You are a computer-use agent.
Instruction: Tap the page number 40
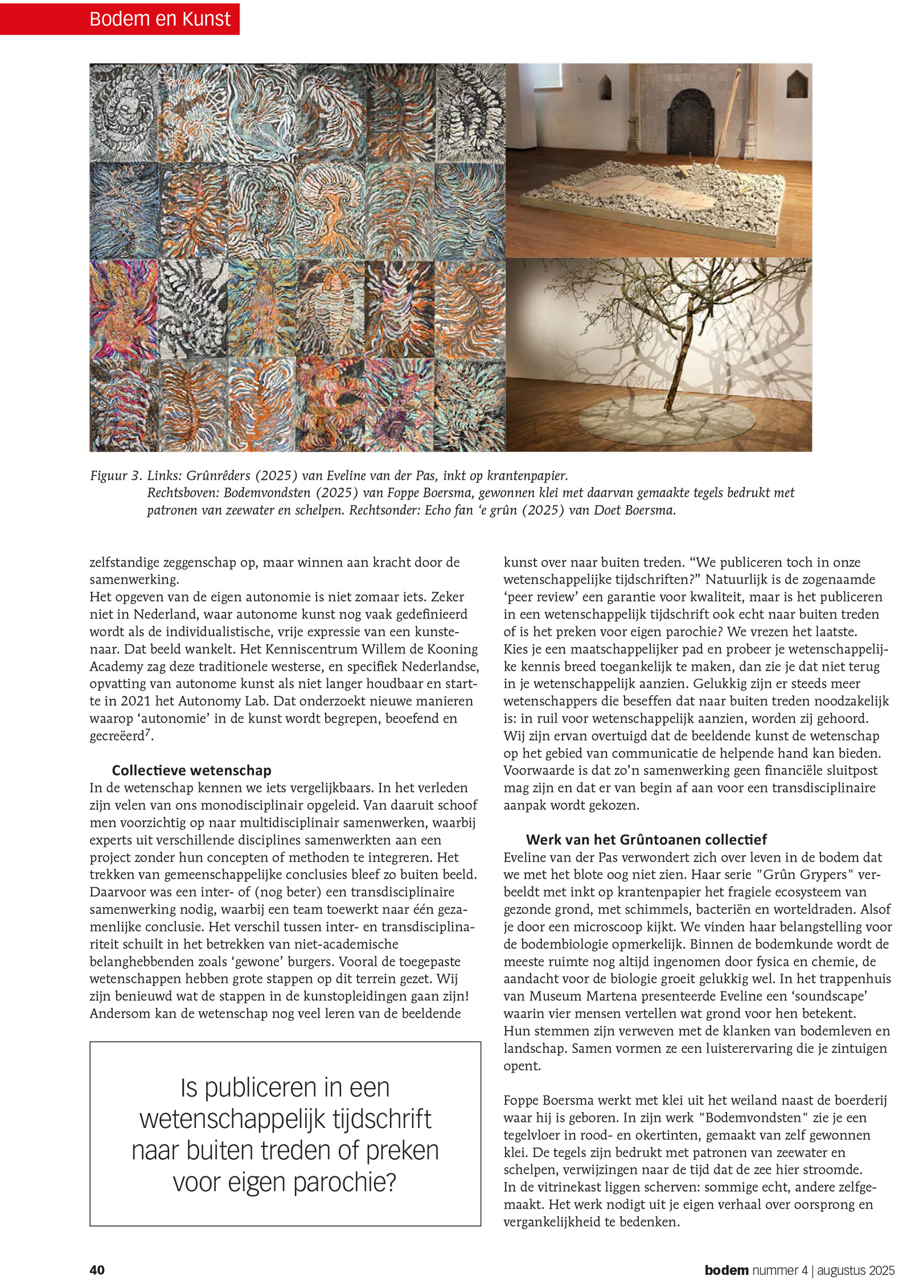click(97, 1270)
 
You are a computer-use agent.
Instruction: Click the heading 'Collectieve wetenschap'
click(191, 770)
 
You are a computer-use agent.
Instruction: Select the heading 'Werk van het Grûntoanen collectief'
click(646, 839)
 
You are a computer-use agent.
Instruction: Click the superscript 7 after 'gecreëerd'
click(148, 732)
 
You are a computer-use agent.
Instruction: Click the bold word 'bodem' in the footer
click(726, 1270)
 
